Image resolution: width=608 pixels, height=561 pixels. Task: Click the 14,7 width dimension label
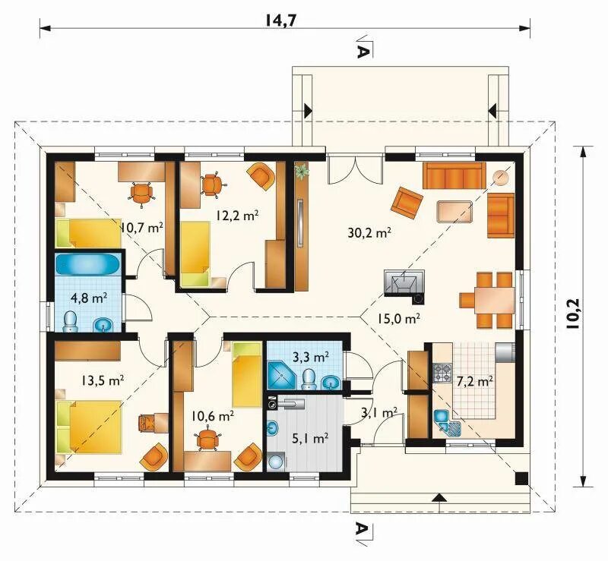280,20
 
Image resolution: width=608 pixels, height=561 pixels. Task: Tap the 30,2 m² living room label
369,233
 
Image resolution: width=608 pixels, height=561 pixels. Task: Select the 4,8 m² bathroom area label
89,298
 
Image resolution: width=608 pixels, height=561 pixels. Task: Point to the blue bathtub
88,264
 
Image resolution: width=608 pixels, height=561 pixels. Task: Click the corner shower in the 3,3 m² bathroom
282,375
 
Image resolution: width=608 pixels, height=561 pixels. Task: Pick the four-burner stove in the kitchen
442,373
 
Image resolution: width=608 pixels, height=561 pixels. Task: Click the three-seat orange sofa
454,175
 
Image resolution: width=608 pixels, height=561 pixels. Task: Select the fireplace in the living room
404,282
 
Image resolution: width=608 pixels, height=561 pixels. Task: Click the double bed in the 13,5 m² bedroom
89,427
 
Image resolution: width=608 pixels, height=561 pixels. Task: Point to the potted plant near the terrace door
302,171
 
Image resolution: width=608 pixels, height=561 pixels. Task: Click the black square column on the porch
522,479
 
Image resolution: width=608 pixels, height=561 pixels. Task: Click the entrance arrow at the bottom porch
439,498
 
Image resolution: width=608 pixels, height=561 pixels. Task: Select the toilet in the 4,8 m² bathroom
71,322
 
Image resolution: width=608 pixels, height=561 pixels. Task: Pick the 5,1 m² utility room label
311,439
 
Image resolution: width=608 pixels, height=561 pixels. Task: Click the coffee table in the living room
454,212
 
